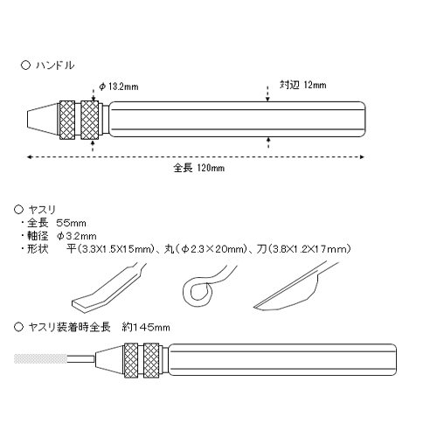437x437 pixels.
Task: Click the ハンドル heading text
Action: pyautogui.click(x=55, y=66)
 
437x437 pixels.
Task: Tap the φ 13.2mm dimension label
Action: pyautogui.click(x=119, y=87)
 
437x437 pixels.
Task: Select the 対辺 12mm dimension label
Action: pyautogui.click(x=303, y=85)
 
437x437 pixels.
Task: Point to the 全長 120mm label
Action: pyautogui.click(x=199, y=168)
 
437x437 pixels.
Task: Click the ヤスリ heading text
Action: pyautogui.click(x=42, y=210)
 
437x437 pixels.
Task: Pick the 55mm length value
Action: pyautogui.click(x=71, y=223)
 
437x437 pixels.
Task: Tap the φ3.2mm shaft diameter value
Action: pyautogui.click(x=77, y=236)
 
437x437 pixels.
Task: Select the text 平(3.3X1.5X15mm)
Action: pyautogui.click(x=110, y=249)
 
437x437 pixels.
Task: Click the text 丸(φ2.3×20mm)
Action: pyautogui.click(x=205, y=249)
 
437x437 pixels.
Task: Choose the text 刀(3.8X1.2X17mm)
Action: pyautogui.click(x=304, y=249)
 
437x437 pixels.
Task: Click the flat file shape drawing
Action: pyautogui.click(x=108, y=288)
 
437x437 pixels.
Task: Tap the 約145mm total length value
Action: pyautogui.click(x=146, y=328)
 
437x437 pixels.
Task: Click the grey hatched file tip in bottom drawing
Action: pyautogui.click(x=40, y=358)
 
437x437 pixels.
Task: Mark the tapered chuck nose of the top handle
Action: pyautogui.click(x=44, y=119)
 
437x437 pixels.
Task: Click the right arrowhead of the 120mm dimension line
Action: pyautogui.click(x=362, y=157)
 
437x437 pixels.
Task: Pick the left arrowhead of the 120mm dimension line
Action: pyautogui.click(x=29, y=157)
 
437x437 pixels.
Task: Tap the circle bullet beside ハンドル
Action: pyautogui.click(x=25, y=65)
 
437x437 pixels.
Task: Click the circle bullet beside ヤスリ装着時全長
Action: pyautogui.click(x=18, y=327)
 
